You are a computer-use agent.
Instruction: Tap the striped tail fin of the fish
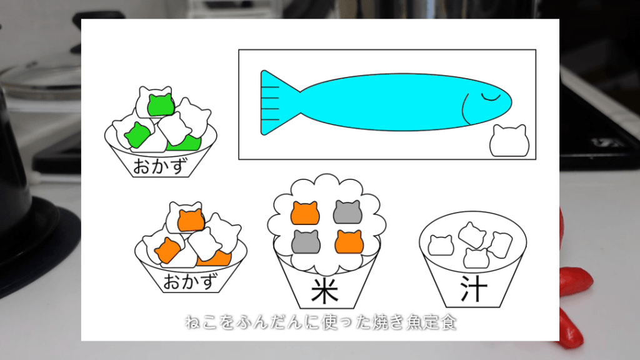(x=275, y=102)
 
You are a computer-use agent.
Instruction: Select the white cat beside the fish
(x=509, y=141)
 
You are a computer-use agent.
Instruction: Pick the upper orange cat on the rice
(x=305, y=212)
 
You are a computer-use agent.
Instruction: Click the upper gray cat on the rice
(x=347, y=212)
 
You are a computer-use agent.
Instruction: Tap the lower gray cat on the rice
(x=306, y=241)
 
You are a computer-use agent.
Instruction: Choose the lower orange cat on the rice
(x=348, y=241)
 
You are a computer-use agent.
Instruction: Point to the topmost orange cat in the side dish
(x=191, y=219)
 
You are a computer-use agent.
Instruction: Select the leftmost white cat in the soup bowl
(x=441, y=245)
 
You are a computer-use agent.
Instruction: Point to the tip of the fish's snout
(x=511, y=102)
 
